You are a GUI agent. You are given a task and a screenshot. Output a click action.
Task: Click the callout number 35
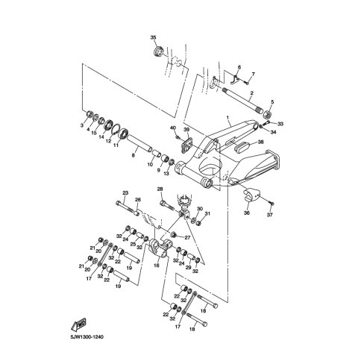pyautogui.click(x=153, y=37)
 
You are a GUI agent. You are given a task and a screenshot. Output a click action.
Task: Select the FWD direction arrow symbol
pyautogui.click(x=79, y=324)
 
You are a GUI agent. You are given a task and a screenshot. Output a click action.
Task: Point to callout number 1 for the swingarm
pyautogui.click(x=227, y=117)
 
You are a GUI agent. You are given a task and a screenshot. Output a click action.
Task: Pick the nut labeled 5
pyautogui.click(x=268, y=114)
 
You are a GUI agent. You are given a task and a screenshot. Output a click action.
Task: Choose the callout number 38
pyautogui.click(x=260, y=142)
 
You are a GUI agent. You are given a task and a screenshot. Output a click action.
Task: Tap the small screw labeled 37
pyautogui.click(x=271, y=204)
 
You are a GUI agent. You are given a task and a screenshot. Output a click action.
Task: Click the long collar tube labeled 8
pyautogui.click(x=139, y=142)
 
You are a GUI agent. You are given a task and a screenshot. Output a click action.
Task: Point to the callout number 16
pyautogui.click(x=157, y=266)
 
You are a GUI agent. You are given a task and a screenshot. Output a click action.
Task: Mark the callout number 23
pyautogui.click(x=125, y=192)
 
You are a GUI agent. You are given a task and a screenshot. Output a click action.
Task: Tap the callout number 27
pyautogui.click(x=187, y=237)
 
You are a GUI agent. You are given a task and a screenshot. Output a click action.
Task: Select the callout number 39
pyautogui.click(x=186, y=130)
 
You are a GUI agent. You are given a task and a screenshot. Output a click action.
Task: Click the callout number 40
pyautogui.click(x=173, y=128)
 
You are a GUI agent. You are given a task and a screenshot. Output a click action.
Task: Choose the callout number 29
pyautogui.click(x=189, y=267)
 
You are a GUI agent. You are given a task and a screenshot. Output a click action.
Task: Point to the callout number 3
pyautogui.click(x=82, y=126)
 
